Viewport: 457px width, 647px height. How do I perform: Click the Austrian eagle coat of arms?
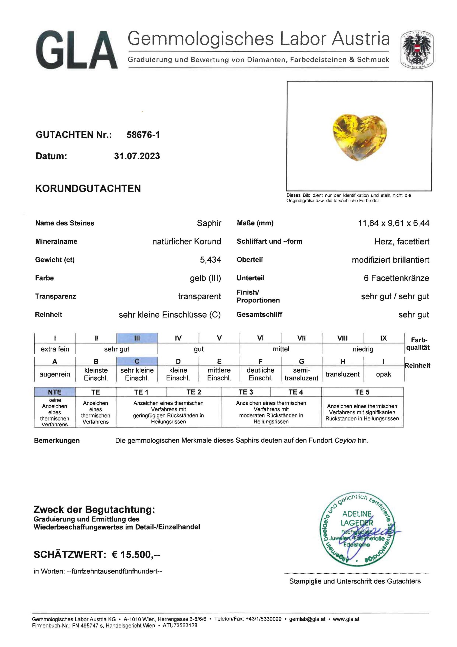point(417,50)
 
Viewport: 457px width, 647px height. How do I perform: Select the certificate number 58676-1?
point(143,135)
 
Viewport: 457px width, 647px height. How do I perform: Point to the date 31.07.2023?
point(137,156)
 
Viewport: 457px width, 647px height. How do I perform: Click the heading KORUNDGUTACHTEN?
point(88,189)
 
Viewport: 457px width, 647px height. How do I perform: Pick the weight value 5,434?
point(210,260)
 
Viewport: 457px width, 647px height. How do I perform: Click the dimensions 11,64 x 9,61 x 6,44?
point(393,223)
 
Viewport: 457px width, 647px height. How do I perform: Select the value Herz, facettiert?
point(401,242)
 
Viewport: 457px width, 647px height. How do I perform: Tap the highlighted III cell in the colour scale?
point(137,338)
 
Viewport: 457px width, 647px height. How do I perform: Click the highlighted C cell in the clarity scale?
point(137,361)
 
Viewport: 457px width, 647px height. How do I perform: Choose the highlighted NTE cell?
point(55,392)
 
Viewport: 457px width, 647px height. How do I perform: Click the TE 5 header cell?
point(362,392)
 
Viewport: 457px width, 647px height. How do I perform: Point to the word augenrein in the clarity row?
point(55,374)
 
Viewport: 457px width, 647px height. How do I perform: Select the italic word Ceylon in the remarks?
point(345,440)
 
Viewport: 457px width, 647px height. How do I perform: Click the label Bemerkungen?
point(57,441)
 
